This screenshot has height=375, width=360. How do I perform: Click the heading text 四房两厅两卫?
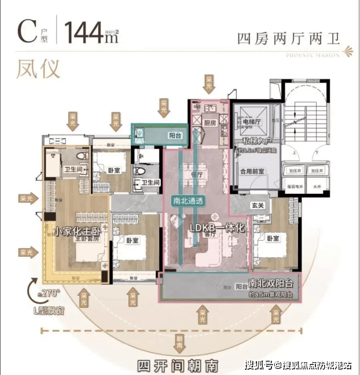pos(288,39)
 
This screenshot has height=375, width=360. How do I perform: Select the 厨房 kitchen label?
pos(209,123)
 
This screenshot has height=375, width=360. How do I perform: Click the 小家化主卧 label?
pos(74,232)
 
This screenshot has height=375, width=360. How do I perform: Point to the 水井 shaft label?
pos(316,188)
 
